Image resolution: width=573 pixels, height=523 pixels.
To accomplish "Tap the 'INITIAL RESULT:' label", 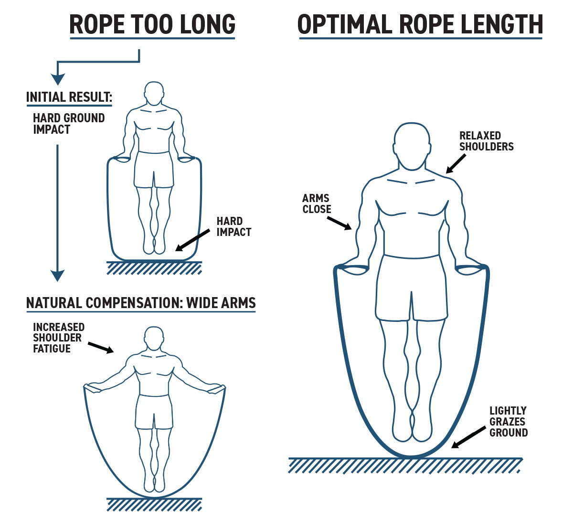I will point(69,97).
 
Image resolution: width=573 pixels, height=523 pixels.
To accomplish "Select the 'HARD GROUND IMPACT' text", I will point(68,124).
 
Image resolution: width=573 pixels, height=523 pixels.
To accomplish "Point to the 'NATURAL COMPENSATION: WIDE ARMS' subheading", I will point(141,303).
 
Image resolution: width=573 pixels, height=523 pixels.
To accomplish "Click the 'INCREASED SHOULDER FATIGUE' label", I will point(58,338).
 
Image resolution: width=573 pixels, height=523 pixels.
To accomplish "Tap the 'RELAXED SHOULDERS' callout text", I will point(486,141).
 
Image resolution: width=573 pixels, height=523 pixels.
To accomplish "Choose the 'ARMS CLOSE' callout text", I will point(317,203).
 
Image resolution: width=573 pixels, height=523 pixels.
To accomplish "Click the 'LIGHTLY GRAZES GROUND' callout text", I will point(508,422).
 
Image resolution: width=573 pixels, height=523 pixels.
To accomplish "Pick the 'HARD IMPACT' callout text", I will point(233,227).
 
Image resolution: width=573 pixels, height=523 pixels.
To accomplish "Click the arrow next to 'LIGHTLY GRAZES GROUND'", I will point(468,438).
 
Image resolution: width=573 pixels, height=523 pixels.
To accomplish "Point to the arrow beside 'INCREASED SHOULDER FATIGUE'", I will point(101,347).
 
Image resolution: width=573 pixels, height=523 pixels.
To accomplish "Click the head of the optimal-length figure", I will point(412,146).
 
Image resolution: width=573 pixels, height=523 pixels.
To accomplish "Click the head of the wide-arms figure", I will point(154,339).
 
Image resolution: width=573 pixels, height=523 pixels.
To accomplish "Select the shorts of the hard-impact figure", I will point(154,170).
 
